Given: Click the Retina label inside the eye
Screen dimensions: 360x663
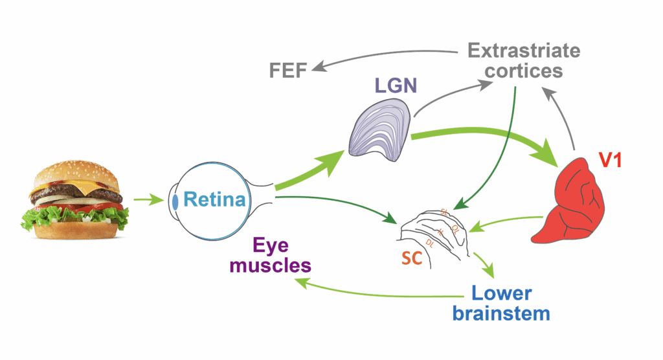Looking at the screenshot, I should click(x=214, y=199).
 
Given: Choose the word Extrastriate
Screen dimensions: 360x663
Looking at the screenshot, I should click(x=515, y=50).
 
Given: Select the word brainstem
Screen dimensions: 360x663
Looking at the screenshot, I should click(x=511, y=314).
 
